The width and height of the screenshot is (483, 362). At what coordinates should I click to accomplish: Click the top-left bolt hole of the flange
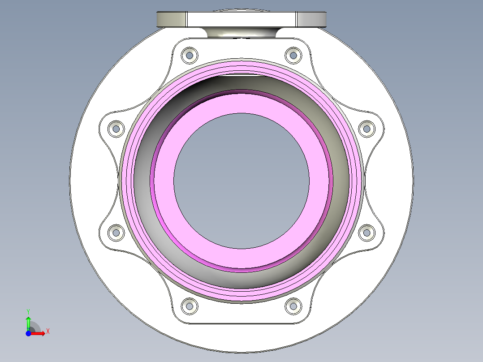pos(190,55)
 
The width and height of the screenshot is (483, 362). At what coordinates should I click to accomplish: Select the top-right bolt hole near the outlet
pos(293,55)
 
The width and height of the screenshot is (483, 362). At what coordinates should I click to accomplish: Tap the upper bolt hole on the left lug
pos(116,129)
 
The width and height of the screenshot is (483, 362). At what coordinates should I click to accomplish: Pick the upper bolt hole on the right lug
pos(367,129)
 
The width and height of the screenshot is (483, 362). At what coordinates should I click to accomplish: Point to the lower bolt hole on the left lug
pos(116,232)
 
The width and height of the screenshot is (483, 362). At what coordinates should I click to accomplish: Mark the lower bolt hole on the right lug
pos(367,232)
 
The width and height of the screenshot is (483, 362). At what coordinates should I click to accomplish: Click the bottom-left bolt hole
pos(190,306)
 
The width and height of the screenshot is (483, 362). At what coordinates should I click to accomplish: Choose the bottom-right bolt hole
pos(293,306)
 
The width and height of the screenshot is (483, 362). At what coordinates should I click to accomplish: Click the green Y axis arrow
pos(28,322)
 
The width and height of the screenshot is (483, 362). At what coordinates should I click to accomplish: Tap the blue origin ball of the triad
pos(28,333)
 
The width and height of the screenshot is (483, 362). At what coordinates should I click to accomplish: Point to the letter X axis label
pos(48,332)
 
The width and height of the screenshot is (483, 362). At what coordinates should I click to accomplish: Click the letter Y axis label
pos(28,311)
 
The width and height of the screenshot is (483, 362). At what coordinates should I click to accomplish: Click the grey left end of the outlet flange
pos(171,19)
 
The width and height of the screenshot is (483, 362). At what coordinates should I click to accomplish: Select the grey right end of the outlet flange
pos(311,19)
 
